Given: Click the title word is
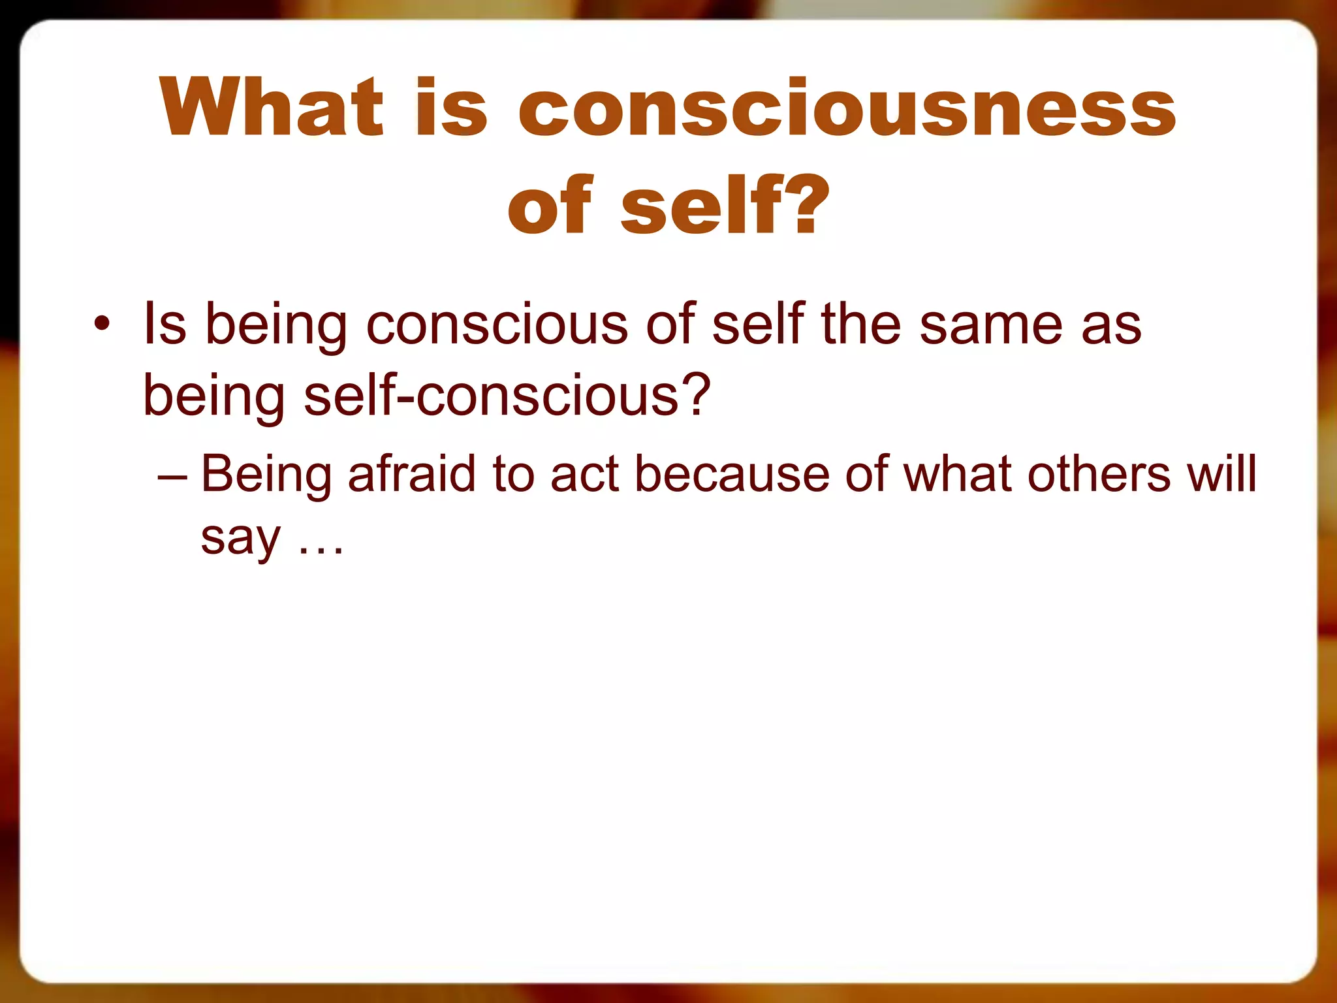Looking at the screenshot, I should [x=450, y=108].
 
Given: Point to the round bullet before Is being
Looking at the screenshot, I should [x=102, y=325].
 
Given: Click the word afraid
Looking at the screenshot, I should [x=411, y=473].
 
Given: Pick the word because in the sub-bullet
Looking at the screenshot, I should [x=732, y=473].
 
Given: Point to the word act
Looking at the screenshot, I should [x=584, y=473].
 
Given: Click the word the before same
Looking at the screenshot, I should [x=861, y=325].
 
